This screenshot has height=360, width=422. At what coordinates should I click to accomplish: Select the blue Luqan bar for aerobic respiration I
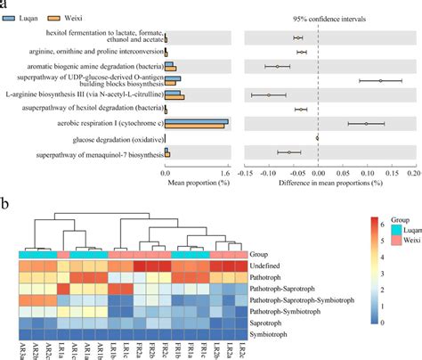coord(196,121)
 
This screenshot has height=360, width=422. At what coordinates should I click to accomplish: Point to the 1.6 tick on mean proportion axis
coord(228,163)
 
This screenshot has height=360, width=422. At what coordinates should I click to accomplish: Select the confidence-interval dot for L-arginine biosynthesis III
coord(268,94)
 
